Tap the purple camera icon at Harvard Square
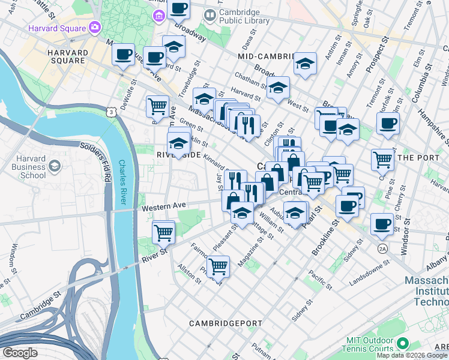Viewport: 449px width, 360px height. [x=95, y=27]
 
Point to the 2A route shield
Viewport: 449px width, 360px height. [x=382, y=248]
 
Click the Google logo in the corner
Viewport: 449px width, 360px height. [x=20, y=353]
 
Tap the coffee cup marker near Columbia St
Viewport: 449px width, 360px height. [x=388, y=124]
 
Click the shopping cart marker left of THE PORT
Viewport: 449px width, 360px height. [x=382, y=160]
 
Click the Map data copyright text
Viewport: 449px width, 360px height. [x=412, y=355]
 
